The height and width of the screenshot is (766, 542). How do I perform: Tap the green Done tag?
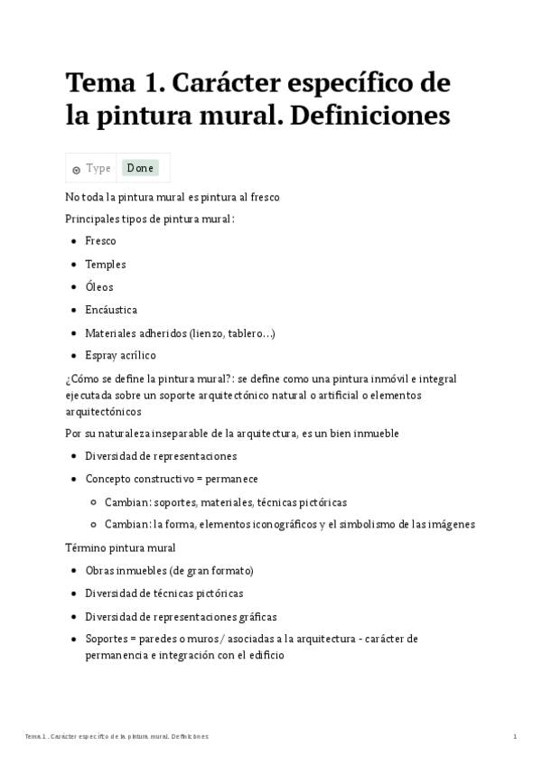(140, 168)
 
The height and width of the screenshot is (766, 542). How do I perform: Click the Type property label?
(98, 168)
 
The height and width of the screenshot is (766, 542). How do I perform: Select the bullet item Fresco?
(100, 241)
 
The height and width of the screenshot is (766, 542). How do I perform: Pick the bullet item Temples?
(106, 265)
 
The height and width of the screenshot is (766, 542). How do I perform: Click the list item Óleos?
(99, 287)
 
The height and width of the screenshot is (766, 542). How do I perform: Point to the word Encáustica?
(111, 310)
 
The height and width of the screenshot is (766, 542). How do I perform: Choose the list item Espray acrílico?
(120, 355)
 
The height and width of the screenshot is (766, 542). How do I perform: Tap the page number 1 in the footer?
(515, 736)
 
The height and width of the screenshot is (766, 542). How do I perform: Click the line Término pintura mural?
(120, 547)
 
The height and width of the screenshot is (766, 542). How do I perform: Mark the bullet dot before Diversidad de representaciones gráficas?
(73, 617)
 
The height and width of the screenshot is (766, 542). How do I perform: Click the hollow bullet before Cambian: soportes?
(94, 502)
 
